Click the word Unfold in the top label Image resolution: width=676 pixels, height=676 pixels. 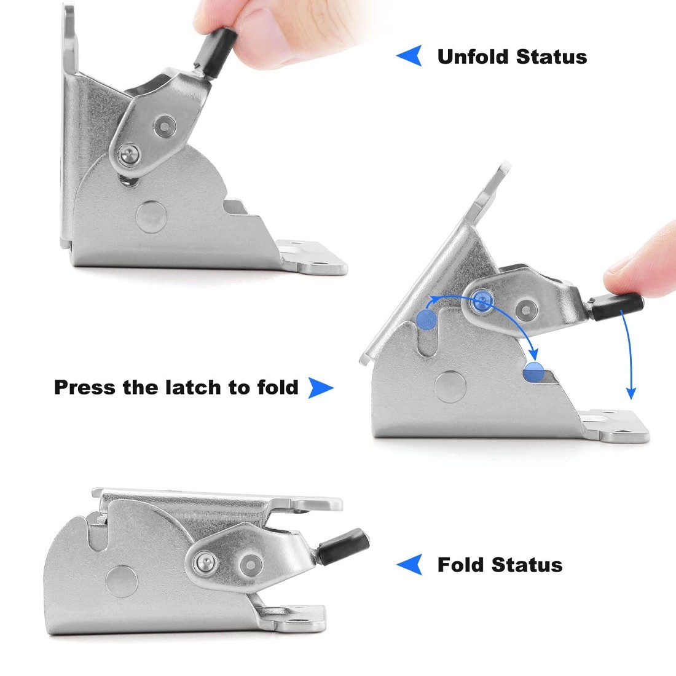(473, 57)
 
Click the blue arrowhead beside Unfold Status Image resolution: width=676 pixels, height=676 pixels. (409, 56)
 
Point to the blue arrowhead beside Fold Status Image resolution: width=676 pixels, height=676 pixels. (409, 564)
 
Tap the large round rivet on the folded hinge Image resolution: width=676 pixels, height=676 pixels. (121, 580)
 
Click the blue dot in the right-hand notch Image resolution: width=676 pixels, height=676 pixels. (533, 372)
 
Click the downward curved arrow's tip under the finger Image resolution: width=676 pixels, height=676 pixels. (631, 395)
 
